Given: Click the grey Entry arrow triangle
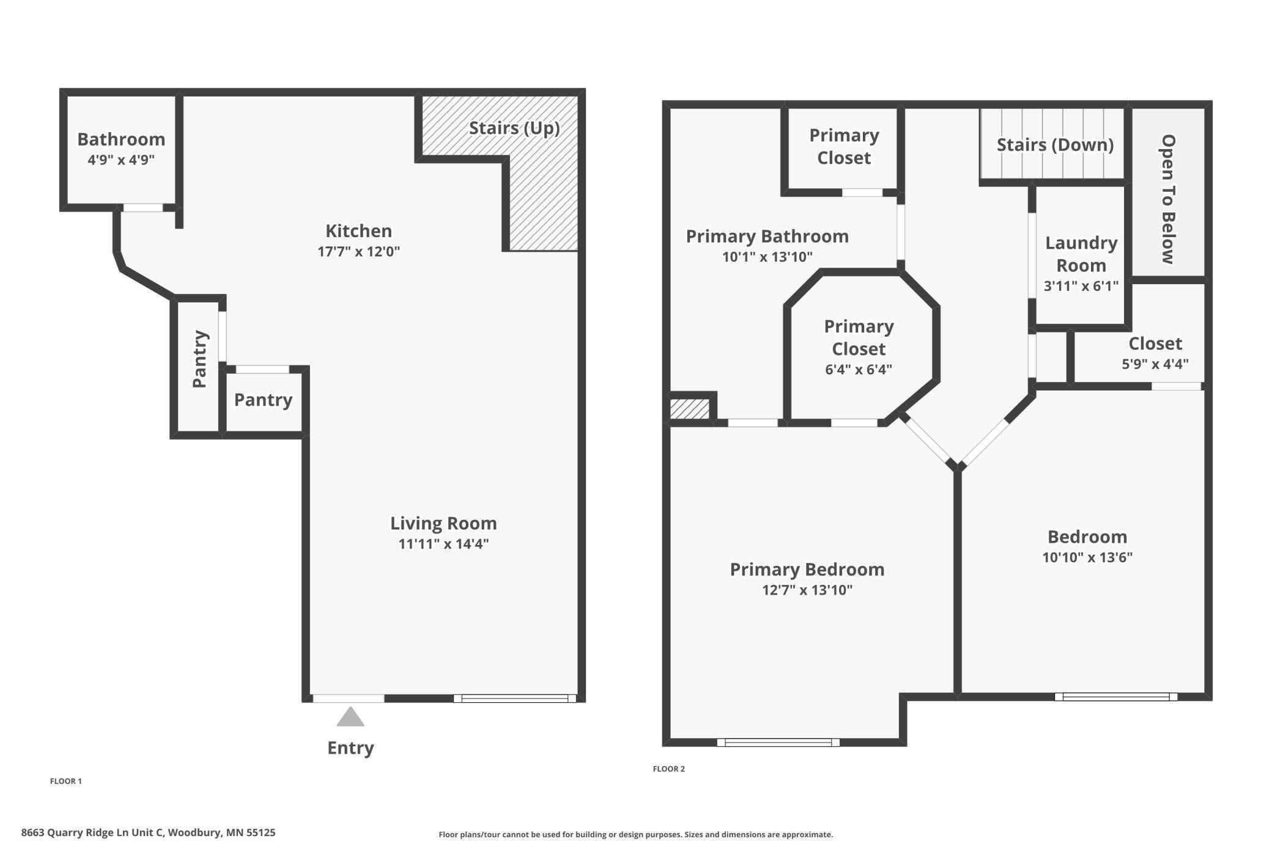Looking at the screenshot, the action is click(350, 717).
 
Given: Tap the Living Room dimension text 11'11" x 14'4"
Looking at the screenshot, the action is click(443, 544).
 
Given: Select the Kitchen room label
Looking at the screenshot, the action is click(358, 231).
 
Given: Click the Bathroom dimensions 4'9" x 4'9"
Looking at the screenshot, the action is click(121, 160).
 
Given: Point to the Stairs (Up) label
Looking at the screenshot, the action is click(514, 128).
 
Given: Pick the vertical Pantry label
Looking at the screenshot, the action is click(200, 359).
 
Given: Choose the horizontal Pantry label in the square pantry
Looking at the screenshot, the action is click(263, 400).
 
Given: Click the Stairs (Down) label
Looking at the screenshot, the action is click(1055, 145).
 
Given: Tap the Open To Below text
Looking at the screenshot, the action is click(1168, 199).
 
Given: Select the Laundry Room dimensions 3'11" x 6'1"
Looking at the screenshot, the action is click(1081, 286).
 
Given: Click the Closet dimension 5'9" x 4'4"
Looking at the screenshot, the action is click(1155, 364).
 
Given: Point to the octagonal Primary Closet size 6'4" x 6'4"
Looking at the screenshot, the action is click(859, 370).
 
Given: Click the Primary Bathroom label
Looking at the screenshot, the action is click(767, 237).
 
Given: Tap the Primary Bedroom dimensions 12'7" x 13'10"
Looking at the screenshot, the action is click(807, 590).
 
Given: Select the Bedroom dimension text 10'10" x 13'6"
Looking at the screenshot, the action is click(1087, 557).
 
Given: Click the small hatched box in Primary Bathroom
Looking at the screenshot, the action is click(690, 409).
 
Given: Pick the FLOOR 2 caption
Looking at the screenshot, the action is click(668, 769).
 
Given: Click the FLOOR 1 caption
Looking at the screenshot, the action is click(65, 781).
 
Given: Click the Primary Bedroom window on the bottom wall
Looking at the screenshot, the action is click(778, 743).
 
